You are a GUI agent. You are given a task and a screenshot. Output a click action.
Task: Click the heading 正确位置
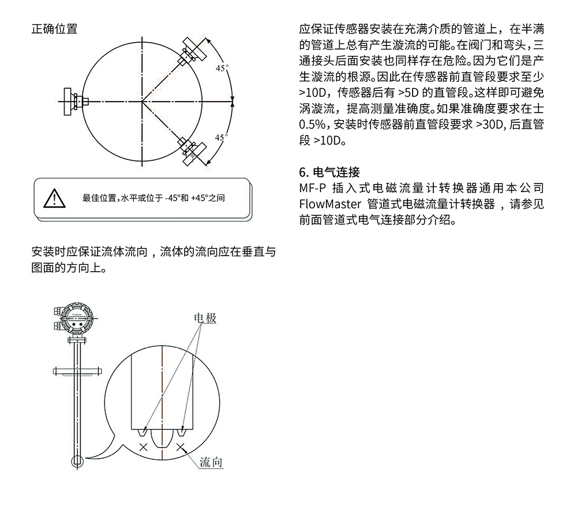[54, 29]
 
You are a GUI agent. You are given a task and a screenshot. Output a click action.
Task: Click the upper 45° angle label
[222, 68]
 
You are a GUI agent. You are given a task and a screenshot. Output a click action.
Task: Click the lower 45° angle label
[222, 137]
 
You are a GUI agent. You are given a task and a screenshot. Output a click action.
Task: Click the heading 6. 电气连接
[329, 172]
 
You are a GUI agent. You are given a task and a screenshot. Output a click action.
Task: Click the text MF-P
[313, 188]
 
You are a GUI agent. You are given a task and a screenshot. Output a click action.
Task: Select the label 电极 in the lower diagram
[205, 318]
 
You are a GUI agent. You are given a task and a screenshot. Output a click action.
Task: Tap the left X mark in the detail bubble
[143, 447]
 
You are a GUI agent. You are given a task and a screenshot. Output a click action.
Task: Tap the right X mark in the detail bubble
[181, 447]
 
